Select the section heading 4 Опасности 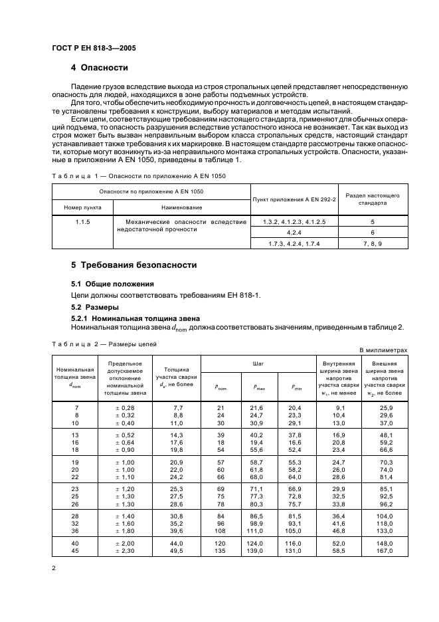click(x=100, y=68)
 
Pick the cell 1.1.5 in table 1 click(x=83, y=221)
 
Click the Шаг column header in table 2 click(x=258, y=364)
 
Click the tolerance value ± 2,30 click(x=124, y=551)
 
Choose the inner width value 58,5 click(x=337, y=551)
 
